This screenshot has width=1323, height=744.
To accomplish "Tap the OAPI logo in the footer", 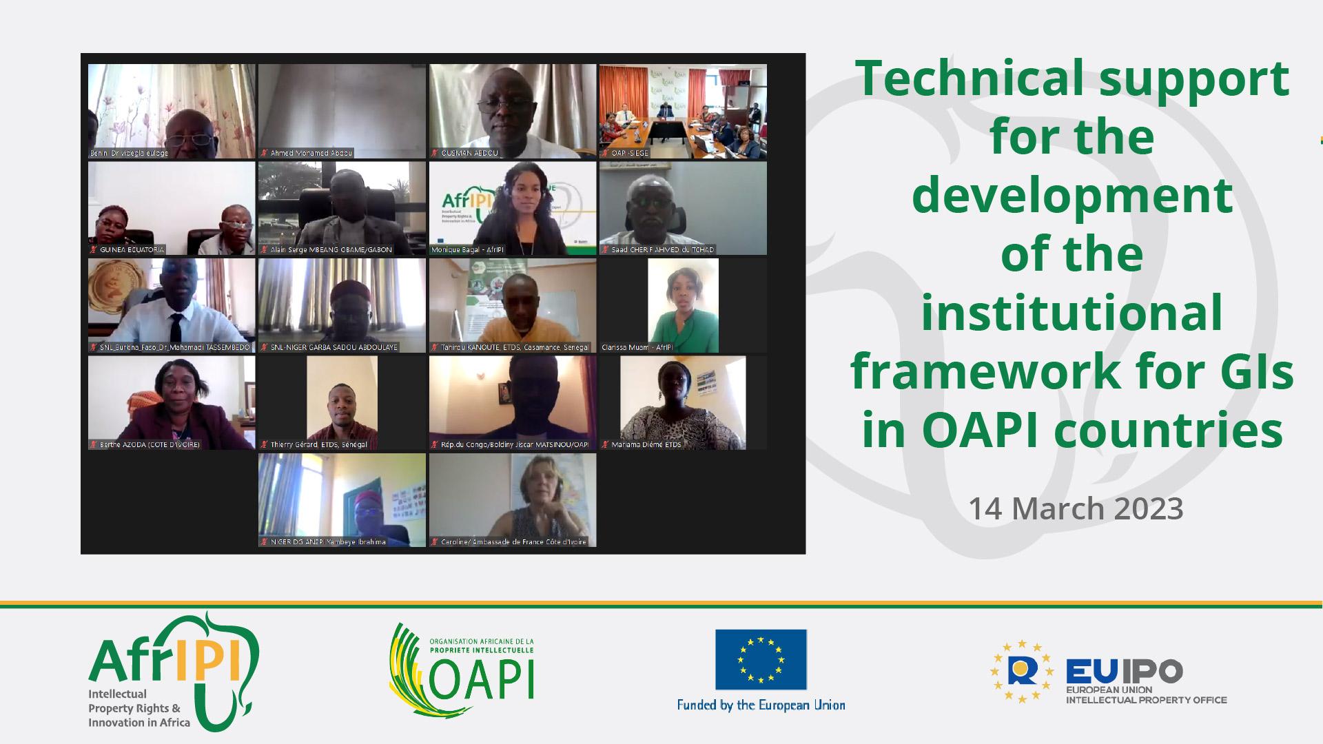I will (462, 670).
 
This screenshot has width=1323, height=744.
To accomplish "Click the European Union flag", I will (761, 659).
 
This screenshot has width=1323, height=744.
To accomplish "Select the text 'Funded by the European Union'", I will (761, 705).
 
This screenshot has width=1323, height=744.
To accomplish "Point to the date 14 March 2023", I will (1075, 509).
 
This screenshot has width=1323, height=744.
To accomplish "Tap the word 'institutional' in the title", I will (1071, 313).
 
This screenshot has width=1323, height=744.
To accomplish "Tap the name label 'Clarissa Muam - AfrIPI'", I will (637, 348).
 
